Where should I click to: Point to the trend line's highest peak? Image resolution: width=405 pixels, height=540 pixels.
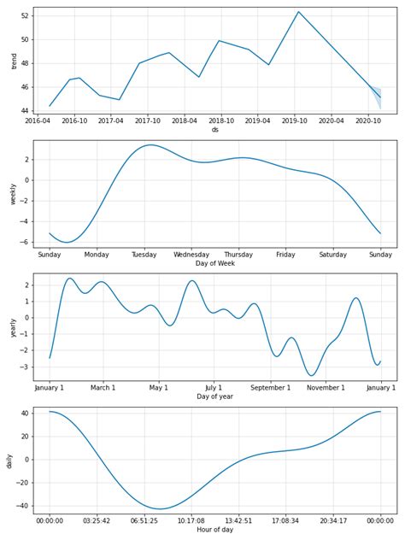298,12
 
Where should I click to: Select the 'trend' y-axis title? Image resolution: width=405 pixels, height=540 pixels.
12,62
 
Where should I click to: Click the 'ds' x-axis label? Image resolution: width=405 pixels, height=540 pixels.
214,130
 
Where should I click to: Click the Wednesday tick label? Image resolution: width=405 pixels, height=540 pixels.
191,255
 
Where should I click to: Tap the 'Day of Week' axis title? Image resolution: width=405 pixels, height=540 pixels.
214,263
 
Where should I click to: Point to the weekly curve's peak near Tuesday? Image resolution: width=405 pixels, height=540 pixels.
150,145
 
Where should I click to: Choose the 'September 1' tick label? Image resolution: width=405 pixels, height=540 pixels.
270,388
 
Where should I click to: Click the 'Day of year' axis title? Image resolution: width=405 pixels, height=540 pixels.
214,396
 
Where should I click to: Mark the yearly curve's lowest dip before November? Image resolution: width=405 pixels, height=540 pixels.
312,375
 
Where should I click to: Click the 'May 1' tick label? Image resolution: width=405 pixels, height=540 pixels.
158,388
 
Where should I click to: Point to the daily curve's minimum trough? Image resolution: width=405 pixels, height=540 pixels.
159,509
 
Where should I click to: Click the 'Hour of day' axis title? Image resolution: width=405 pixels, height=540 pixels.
214,530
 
